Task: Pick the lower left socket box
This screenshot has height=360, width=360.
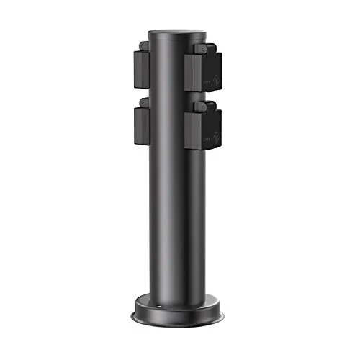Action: point(140,130)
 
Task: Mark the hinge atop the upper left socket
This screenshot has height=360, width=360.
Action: point(144,45)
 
